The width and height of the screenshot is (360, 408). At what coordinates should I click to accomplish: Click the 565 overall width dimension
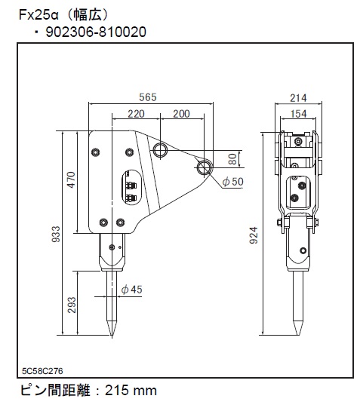148,97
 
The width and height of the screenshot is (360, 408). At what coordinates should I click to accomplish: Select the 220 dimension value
136,114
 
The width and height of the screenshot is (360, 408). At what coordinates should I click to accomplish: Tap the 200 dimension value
181,114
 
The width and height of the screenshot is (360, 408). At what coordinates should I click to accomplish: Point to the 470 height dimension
71,179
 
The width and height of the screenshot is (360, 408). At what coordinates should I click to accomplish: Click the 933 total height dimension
56,235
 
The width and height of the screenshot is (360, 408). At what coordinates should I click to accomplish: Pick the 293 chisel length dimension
71,305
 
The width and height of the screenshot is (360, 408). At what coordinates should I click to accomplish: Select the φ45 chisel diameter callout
132,289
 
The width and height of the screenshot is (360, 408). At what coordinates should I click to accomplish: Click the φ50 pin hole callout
233,181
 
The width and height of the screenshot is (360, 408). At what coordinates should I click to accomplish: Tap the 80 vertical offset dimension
232,159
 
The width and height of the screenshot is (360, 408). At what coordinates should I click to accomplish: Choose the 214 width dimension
298,98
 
